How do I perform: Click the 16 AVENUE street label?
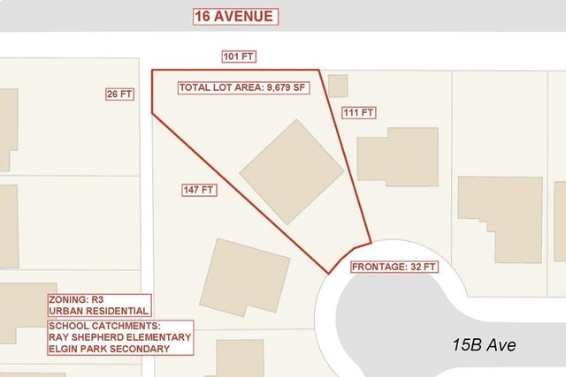pyautogui.click(x=234, y=16)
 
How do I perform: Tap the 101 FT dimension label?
pyautogui.click(x=238, y=57)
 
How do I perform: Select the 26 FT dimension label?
pyautogui.click(x=119, y=94)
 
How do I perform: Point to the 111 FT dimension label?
pyautogui.click(x=360, y=113)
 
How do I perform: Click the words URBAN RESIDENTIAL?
pyautogui.click(x=99, y=311)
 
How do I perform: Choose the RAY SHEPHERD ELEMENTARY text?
pyautogui.click(x=119, y=337)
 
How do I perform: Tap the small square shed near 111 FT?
pyautogui.click(x=337, y=85)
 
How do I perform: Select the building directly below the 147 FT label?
pyautogui.click(x=245, y=277)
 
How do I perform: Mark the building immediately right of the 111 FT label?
pyautogui.click(x=396, y=156)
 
